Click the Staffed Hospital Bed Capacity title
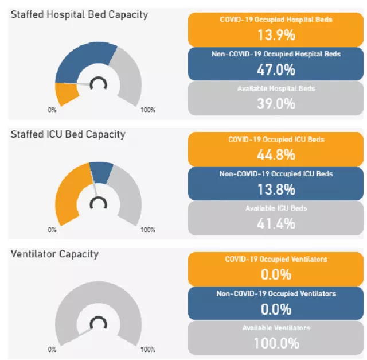79,14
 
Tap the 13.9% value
276,35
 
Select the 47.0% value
276,69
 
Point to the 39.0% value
276,104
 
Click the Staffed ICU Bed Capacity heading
68,134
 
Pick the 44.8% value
276,154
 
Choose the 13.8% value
276,189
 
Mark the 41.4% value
276,223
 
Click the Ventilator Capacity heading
54,254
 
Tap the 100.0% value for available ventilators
276,343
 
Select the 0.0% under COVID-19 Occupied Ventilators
276,274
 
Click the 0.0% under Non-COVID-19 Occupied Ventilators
276,309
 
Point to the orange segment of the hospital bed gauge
67,94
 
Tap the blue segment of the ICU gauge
102,171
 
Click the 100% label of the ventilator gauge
148,349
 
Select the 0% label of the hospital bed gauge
52,110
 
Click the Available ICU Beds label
276,208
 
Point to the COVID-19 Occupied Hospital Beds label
276,20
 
